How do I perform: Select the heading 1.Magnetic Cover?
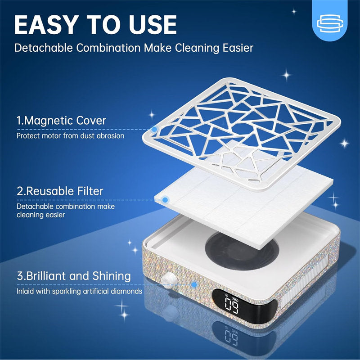pos(61,121)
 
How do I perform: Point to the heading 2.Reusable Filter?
pos(60,191)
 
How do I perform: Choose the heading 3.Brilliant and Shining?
pos(74,276)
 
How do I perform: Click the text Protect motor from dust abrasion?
pos(70,135)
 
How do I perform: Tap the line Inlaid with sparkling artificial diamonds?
pos(79,291)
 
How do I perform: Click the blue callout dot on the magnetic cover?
pos(154,130)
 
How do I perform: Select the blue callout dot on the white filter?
pos(165,199)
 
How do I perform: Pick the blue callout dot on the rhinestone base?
pos(194,285)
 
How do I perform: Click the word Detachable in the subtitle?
pos(38,48)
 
